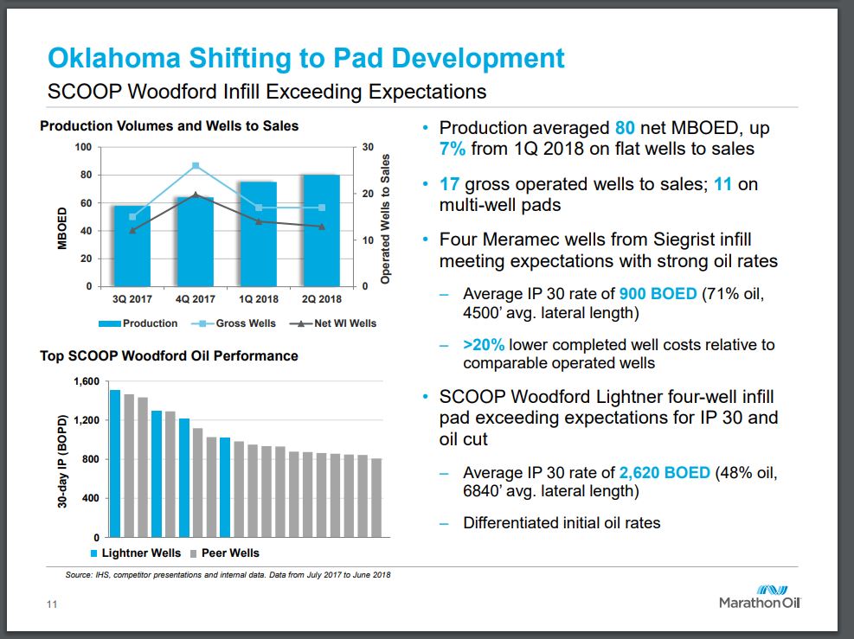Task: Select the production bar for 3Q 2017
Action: pos(132,246)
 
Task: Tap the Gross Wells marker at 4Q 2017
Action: pos(196,166)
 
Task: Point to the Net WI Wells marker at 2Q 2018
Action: pos(322,227)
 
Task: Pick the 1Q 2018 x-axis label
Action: pos(259,299)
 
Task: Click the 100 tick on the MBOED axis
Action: pos(83,148)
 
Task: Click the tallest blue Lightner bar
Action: pos(114,463)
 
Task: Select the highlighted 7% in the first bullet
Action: pos(453,149)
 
